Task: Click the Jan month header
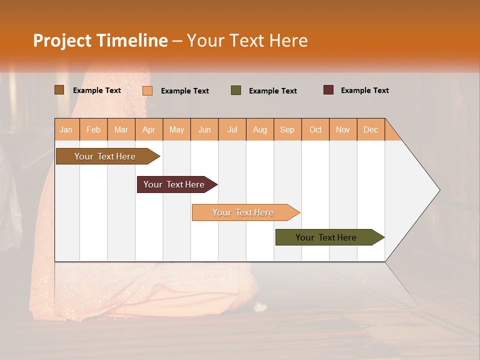click(66, 129)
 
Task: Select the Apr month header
click(149, 129)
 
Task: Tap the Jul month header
click(232, 129)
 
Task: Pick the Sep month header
click(287, 129)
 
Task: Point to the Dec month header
click(370, 129)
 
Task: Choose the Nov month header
click(343, 129)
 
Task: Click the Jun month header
click(204, 129)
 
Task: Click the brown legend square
click(59, 90)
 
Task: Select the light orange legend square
click(147, 90)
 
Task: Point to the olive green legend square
click(236, 90)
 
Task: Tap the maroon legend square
click(328, 90)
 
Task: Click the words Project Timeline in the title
click(100, 40)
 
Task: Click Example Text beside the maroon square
click(364, 90)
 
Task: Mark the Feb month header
click(93, 129)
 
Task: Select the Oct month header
click(315, 129)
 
